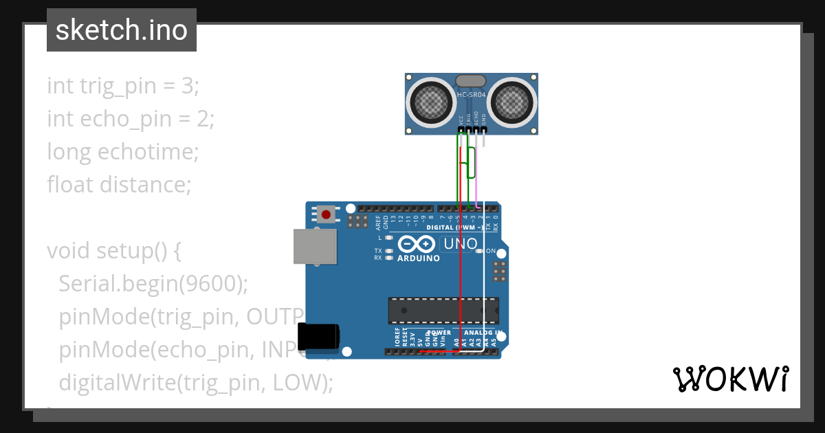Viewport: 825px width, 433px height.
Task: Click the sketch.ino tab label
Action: coord(122,30)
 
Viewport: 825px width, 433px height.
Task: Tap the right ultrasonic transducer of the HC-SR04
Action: coord(514,103)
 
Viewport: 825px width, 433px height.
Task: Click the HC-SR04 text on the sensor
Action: coord(472,95)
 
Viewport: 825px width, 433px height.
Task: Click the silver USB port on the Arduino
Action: coord(315,246)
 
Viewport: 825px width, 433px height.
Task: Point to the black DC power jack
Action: coord(321,335)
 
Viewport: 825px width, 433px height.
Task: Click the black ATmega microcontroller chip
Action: coord(443,310)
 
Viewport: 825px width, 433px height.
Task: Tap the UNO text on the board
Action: coord(461,244)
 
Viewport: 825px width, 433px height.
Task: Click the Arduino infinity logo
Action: coord(417,244)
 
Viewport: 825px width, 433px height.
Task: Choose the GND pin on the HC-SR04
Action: coord(483,129)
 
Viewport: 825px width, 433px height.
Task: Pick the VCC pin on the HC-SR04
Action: coord(461,129)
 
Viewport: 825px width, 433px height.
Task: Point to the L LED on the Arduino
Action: coord(389,237)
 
